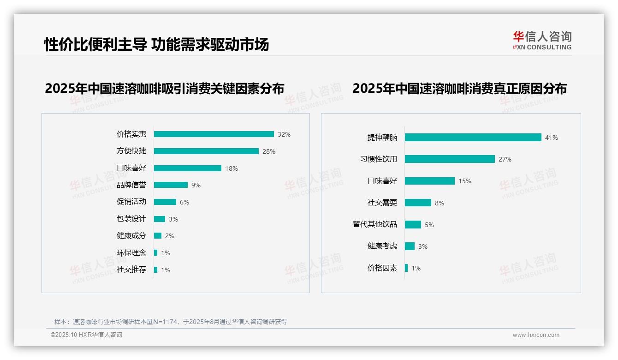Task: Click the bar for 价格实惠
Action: click(214, 134)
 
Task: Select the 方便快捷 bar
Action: click(206, 151)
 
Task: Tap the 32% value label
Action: click(284, 134)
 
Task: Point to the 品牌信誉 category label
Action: click(131, 185)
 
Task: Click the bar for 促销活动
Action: click(165, 202)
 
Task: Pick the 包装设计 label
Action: click(131, 219)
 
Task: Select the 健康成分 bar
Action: click(158, 236)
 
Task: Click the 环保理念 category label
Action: click(131, 253)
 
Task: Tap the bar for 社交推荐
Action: click(156, 270)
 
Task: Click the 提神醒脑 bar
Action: click(473, 137)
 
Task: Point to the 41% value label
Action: click(552, 138)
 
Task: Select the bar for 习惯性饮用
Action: click(450, 159)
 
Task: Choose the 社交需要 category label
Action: click(382, 203)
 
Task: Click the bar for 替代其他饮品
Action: click(413, 224)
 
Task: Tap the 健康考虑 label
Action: click(382, 246)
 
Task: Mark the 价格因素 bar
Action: click(406, 268)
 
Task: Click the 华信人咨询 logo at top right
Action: click(542, 41)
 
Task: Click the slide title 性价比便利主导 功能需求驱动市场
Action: click(156, 44)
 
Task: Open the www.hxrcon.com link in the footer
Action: click(536, 335)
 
